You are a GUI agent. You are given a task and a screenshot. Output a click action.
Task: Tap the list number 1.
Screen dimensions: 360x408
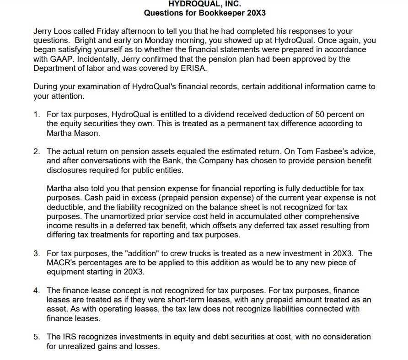(x=36, y=114)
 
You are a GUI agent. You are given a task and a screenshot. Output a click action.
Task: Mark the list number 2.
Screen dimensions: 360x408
(x=36, y=151)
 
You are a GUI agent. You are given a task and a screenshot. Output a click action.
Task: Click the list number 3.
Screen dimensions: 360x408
(x=36, y=253)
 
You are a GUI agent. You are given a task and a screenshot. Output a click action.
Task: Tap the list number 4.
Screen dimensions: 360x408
(x=36, y=290)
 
